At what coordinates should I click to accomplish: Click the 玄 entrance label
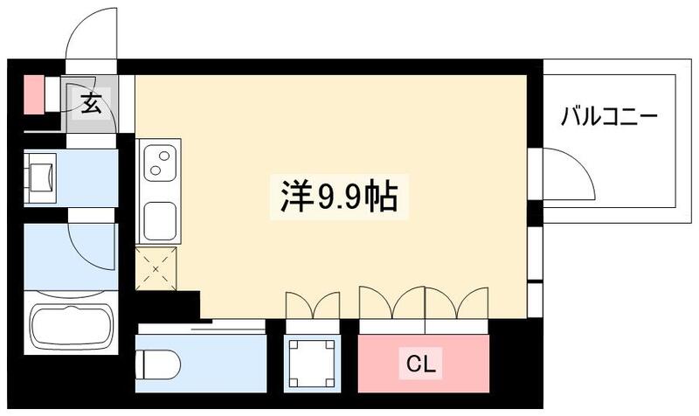[x=90, y=102]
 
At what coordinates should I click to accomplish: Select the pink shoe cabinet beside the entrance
[x=33, y=95]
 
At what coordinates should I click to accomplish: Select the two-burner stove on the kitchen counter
[x=161, y=164]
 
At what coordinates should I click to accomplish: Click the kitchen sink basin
[x=160, y=218]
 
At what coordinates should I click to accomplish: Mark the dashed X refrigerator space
[x=157, y=268]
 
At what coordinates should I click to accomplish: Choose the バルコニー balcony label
[x=609, y=116]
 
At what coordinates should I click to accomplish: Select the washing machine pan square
[x=312, y=361]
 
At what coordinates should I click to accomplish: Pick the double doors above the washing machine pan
[x=312, y=306]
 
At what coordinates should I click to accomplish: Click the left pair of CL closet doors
[x=391, y=306]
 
